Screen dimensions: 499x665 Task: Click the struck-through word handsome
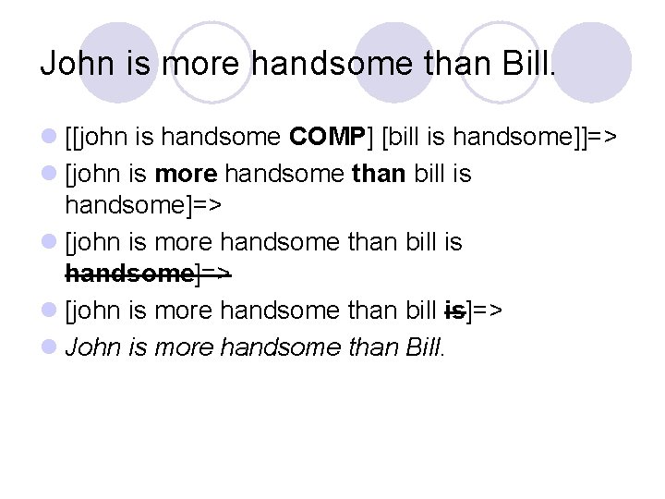coord(128,274)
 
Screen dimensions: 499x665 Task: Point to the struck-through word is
coord(455,310)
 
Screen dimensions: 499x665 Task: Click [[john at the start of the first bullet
coord(97,138)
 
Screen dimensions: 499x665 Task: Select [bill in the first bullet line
coord(403,138)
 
